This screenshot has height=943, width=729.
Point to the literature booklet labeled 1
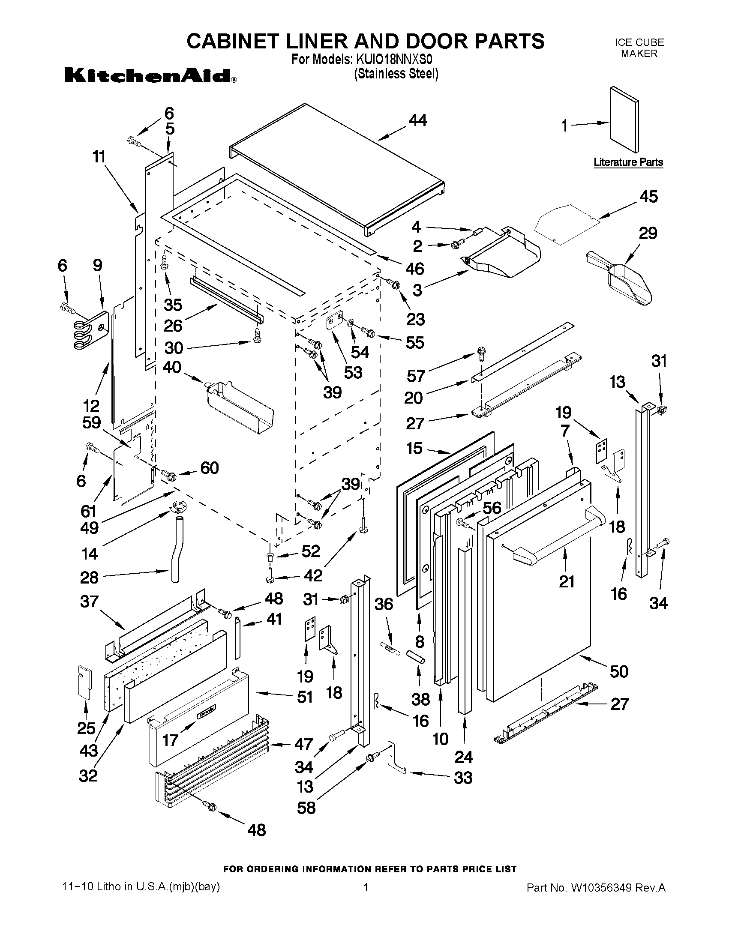point(624,120)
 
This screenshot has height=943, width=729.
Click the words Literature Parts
point(628,162)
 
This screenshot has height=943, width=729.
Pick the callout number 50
point(618,671)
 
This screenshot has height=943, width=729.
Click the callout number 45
point(648,197)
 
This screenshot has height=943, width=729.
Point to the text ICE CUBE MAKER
point(639,48)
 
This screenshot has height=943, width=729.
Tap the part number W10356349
point(602,888)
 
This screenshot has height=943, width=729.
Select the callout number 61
point(88,511)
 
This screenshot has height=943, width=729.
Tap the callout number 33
point(463,778)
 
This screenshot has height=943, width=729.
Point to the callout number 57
point(416,376)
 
